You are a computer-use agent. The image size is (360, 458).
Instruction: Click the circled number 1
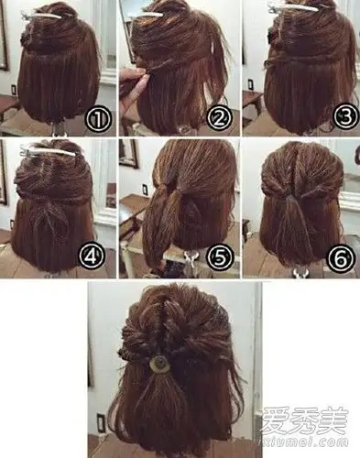pos(98,120)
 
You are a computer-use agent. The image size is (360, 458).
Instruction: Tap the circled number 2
pos(219,118)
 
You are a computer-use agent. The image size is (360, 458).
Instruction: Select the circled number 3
pos(345,116)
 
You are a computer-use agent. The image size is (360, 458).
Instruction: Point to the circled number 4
pos(92,256)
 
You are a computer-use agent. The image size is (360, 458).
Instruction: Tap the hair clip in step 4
pos(48,152)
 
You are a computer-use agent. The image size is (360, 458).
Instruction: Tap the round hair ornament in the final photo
pos(159,365)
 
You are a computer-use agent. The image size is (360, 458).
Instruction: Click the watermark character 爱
pos(276,420)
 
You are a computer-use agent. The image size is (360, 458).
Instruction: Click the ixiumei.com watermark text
pos(303,442)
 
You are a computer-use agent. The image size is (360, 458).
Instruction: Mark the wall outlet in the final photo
pos(100,420)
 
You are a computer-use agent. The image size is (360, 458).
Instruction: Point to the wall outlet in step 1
pos(14,90)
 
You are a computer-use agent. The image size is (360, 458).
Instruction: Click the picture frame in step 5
pos(129,154)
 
